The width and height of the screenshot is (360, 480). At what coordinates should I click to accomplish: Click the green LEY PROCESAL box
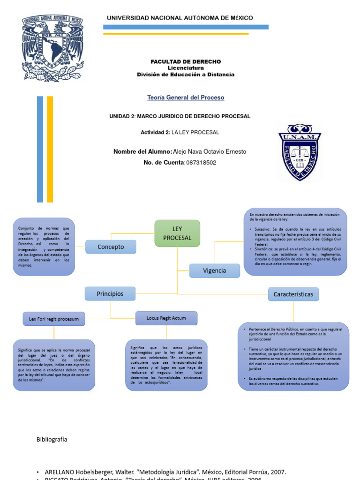[177, 233]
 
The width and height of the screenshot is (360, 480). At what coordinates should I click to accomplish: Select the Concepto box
[111, 247]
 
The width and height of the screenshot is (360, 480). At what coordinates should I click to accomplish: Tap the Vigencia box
[214, 270]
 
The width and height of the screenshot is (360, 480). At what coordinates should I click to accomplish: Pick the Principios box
[110, 294]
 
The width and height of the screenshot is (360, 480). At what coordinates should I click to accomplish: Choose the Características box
[293, 294]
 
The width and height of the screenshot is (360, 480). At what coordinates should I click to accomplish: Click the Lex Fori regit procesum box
[54, 319]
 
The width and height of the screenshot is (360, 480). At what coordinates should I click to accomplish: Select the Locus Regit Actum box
[166, 318]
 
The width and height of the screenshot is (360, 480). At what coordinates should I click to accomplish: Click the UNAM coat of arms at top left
[52, 47]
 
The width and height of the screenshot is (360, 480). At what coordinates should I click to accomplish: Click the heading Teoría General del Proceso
[186, 97]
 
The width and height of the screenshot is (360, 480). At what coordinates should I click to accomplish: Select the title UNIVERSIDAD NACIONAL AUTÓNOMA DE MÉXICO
[180, 18]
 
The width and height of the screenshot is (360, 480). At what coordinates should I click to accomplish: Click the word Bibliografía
[52, 439]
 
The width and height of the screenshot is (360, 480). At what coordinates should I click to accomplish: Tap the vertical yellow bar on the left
[50, 149]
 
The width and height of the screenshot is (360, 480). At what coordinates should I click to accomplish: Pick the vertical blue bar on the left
[40, 149]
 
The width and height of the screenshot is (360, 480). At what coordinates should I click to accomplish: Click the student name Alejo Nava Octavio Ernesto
[210, 151]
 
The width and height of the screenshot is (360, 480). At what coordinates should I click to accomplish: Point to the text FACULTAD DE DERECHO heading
[186, 62]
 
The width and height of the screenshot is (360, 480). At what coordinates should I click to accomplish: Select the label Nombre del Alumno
[142, 151]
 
